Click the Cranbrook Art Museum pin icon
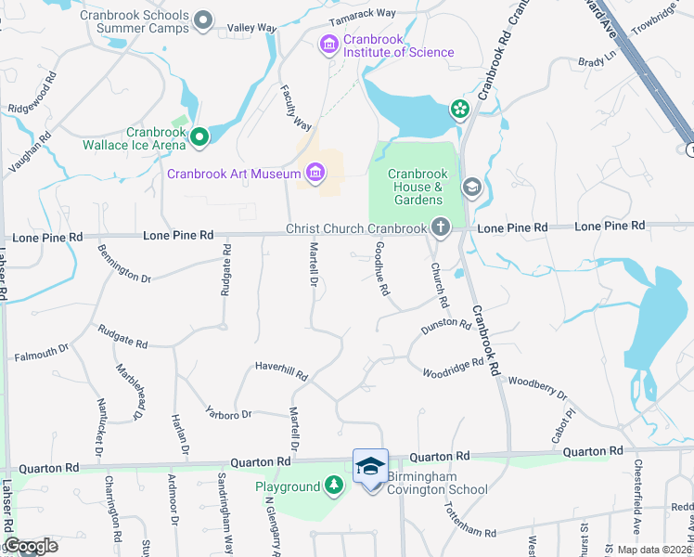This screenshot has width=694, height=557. [315, 173]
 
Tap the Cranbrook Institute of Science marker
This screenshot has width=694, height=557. [328, 44]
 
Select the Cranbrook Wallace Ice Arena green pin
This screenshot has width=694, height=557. [199, 138]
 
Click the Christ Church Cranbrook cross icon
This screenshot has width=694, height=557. [440, 227]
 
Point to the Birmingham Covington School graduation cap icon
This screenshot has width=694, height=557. [370, 466]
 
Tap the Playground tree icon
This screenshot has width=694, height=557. [333, 486]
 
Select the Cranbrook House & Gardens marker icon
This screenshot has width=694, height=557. [471, 188]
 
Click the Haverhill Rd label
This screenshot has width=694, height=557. [281, 371]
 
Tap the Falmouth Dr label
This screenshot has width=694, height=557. [42, 352]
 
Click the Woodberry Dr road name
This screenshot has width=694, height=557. [537, 385]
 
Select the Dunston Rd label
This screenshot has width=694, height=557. [446, 324]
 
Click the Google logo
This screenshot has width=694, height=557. [31, 546]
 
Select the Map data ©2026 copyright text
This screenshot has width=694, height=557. [653, 550]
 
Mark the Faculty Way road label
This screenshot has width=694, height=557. [296, 107]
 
